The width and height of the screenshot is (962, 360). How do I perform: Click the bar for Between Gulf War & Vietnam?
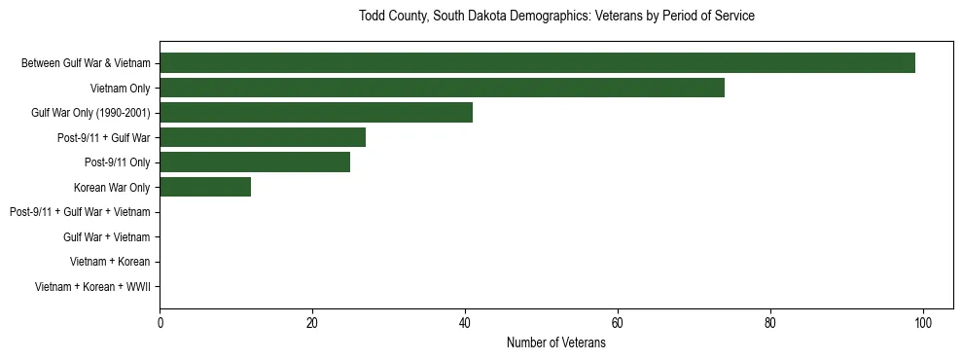click(537, 63)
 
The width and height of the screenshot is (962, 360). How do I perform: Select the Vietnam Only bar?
click(442, 88)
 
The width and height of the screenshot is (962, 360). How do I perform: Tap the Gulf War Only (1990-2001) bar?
click(316, 113)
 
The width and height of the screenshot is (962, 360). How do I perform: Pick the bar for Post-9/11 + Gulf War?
click(263, 137)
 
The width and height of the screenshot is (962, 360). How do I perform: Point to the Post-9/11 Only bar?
click(255, 162)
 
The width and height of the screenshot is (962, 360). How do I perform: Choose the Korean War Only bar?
click(205, 187)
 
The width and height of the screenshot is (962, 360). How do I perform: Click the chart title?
click(556, 17)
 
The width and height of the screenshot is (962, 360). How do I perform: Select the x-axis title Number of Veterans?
click(556, 342)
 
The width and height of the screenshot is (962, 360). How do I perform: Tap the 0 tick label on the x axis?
click(160, 323)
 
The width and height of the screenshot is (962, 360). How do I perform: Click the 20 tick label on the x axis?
click(312, 323)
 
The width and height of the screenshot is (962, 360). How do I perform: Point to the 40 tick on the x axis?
click(465, 323)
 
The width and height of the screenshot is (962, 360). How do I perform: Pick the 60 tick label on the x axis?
click(618, 323)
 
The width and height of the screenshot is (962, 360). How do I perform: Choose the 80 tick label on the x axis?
click(770, 323)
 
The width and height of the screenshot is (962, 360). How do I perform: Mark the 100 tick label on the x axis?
click(923, 323)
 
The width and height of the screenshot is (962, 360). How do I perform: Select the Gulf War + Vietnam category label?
click(106, 237)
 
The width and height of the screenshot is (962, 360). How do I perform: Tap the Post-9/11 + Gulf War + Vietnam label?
click(80, 212)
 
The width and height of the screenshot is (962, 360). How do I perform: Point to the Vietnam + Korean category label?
click(110, 262)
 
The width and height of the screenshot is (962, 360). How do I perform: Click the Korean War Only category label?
click(112, 187)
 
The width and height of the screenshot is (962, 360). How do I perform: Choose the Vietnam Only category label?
click(120, 88)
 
